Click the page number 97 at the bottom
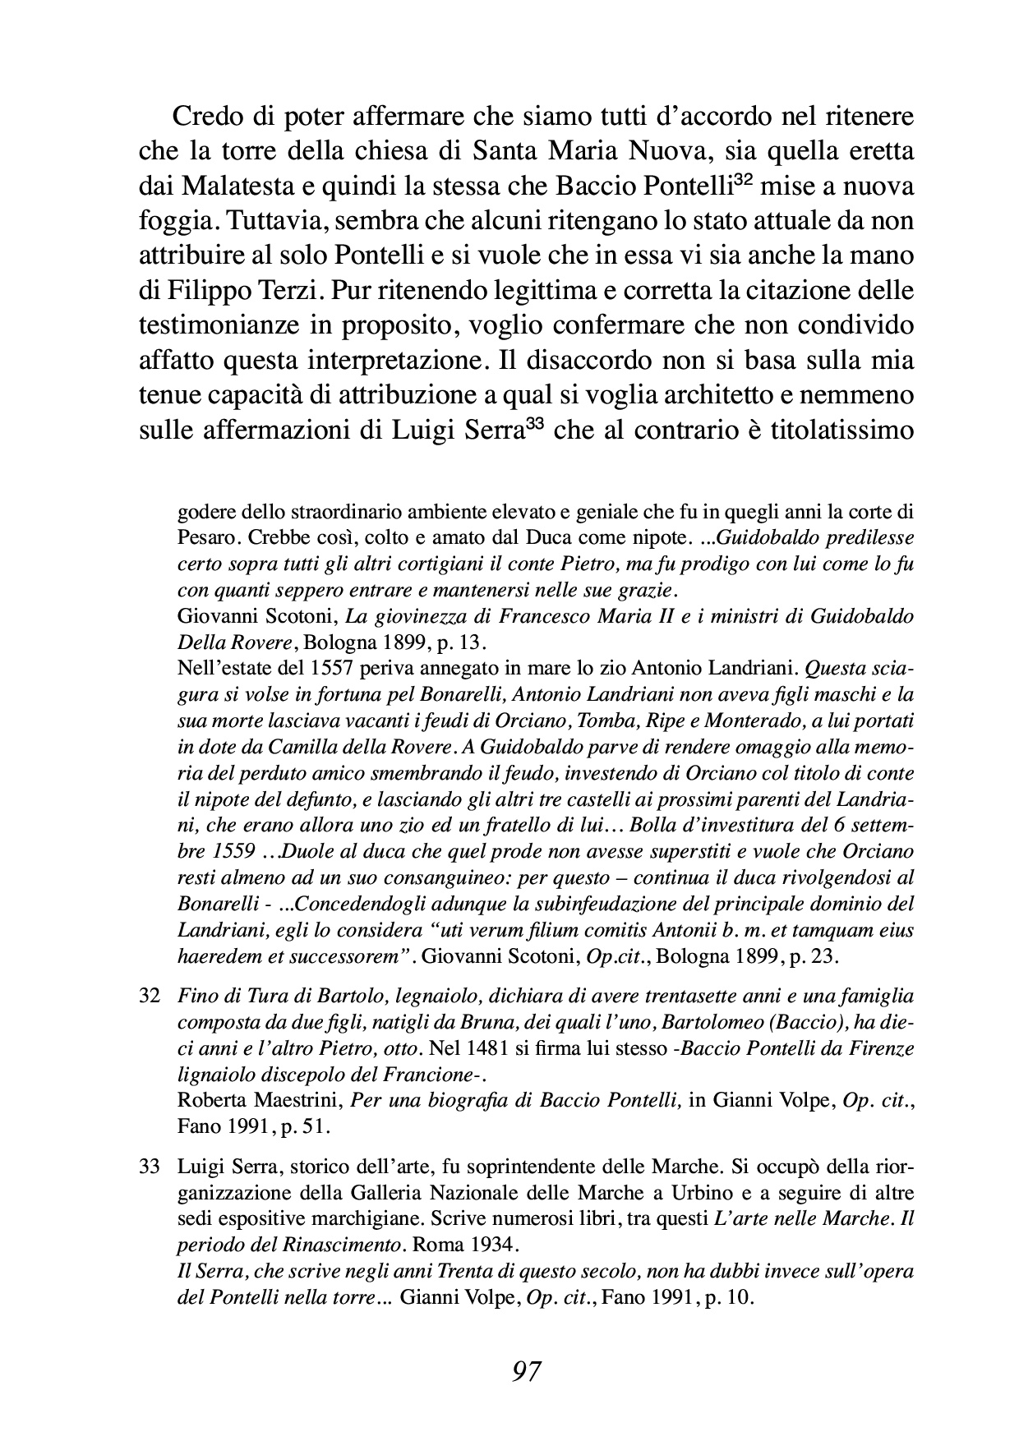(525, 1371)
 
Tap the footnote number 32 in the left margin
(149, 997)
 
